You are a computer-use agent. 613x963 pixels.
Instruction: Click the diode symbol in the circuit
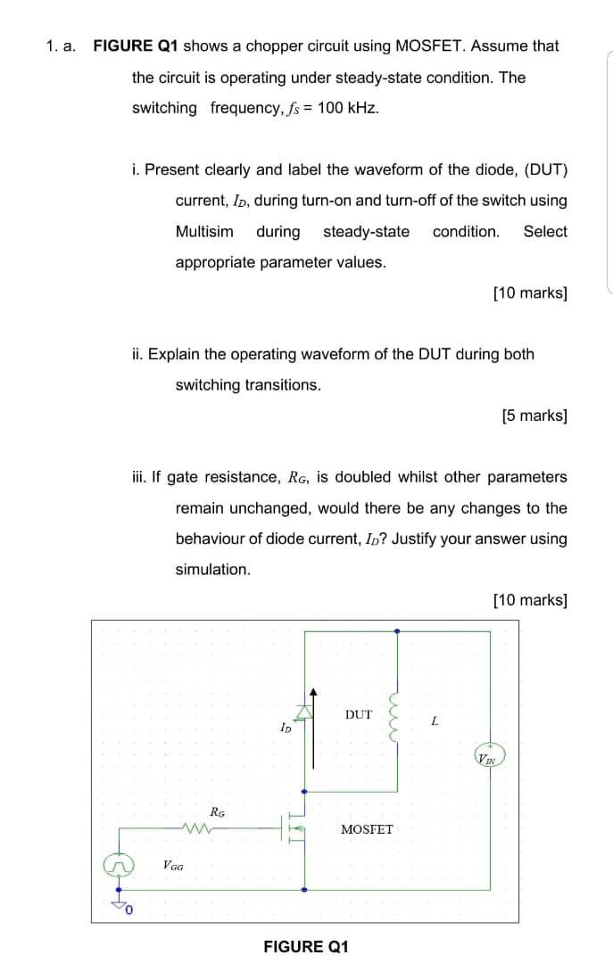pyautogui.click(x=305, y=711)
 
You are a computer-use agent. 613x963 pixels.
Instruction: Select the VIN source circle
pyautogui.click(x=487, y=759)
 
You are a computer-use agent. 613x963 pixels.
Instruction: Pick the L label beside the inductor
pyautogui.click(x=435, y=721)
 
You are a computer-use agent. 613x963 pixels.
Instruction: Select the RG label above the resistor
pyautogui.click(x=217, y=811)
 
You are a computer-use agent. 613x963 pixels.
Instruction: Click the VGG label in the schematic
pyautogui.click(x=174, y=865)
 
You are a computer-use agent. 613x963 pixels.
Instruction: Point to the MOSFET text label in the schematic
pyautogui.click(x=367, y=829)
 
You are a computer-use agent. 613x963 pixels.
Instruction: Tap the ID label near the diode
pyautogui.click(x=286, y=728)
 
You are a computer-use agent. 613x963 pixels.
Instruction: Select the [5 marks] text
pyautogui.click(x=534, y=416)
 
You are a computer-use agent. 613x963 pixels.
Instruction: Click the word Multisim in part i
pyautogui.click(x=204, y=232)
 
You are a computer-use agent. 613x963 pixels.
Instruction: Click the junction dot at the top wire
pyautogui.click(x=397, y=631)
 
